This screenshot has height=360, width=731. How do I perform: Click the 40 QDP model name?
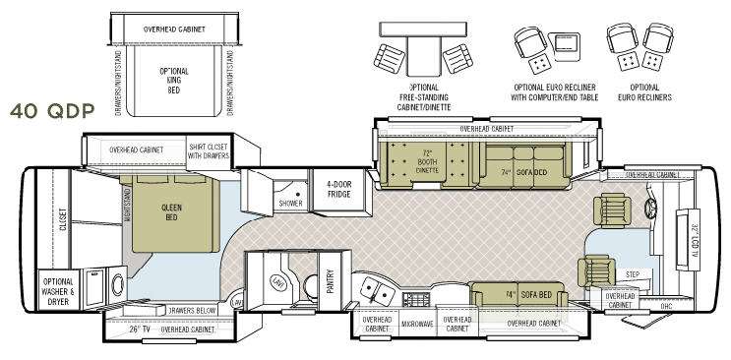[51, 109]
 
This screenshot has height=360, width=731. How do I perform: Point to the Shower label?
[290, 204]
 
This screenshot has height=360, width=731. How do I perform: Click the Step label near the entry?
[631, 275]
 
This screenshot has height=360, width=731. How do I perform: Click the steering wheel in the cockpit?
[648, 209]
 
